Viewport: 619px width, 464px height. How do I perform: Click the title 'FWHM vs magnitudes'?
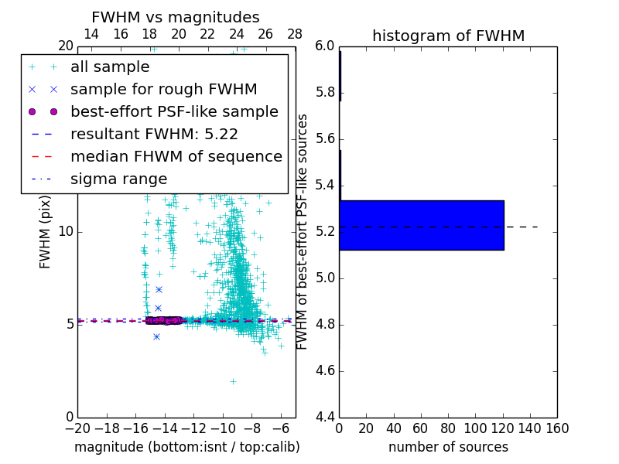point(176,17)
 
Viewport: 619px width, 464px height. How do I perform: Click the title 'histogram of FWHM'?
point(448,36)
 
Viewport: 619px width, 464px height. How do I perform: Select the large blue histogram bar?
point(422,225)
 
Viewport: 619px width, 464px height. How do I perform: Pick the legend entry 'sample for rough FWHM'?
point(163,89)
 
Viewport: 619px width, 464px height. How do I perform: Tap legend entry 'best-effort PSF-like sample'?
point(174,111)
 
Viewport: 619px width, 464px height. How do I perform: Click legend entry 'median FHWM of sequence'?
point(176,156)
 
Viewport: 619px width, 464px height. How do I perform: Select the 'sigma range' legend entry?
point(118,179)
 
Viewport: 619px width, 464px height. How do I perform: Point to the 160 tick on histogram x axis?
point(557,428)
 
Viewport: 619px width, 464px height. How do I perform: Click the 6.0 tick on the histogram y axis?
point(325,46)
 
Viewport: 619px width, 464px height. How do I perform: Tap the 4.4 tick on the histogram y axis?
point(325,418)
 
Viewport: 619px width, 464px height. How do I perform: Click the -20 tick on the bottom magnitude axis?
point(77,428)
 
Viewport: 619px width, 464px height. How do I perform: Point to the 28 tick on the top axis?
point(295,34)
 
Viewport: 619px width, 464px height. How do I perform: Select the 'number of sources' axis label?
point(448,447)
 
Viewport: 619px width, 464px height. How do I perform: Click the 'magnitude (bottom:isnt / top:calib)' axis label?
point(186,447)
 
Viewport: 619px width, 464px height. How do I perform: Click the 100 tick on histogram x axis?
point(475,428)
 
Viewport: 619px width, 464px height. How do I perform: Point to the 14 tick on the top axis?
point(91,34)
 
